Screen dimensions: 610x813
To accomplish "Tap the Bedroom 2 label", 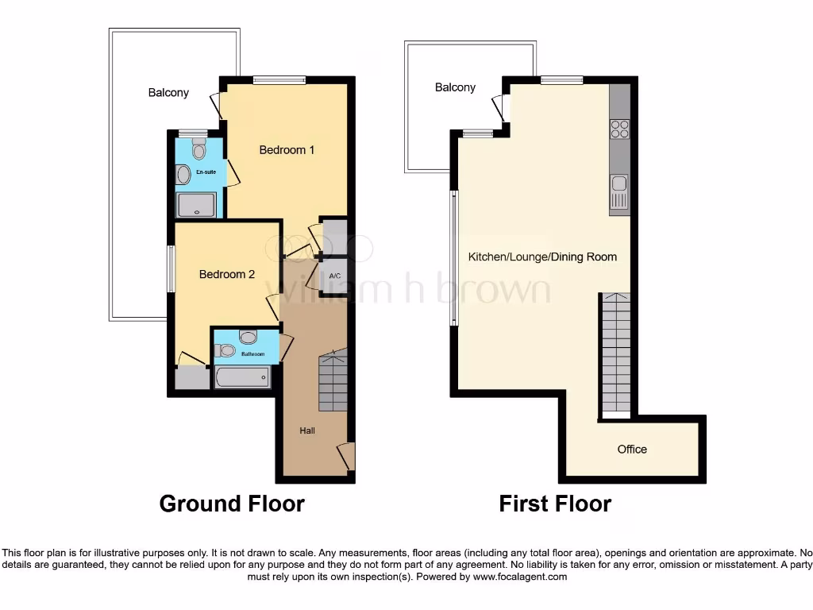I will tap(227, 274).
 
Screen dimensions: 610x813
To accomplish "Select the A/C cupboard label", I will tap(334, 276).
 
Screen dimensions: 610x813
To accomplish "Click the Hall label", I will tap(307, 430).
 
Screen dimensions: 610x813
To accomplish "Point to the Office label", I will tap(632, 449).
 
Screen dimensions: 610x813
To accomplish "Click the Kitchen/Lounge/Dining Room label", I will tap(542, 257).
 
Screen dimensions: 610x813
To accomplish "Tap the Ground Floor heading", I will tap(232, 504).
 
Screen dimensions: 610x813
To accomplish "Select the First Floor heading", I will tap(555, 504).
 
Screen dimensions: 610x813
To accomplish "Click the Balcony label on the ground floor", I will tap(168, 92).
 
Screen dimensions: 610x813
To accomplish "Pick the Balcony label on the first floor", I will tap(455, 87).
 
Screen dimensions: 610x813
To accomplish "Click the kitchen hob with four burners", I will tap(619, 129).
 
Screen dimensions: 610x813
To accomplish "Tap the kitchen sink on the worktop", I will tap(619, 191).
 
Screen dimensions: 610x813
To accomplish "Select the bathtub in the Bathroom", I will tap(243, 376).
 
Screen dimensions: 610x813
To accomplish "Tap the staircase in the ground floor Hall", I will tap(333, 383).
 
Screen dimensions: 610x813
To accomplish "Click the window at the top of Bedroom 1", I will tap(279, 79).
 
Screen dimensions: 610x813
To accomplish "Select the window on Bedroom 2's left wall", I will tap(170, 268).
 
